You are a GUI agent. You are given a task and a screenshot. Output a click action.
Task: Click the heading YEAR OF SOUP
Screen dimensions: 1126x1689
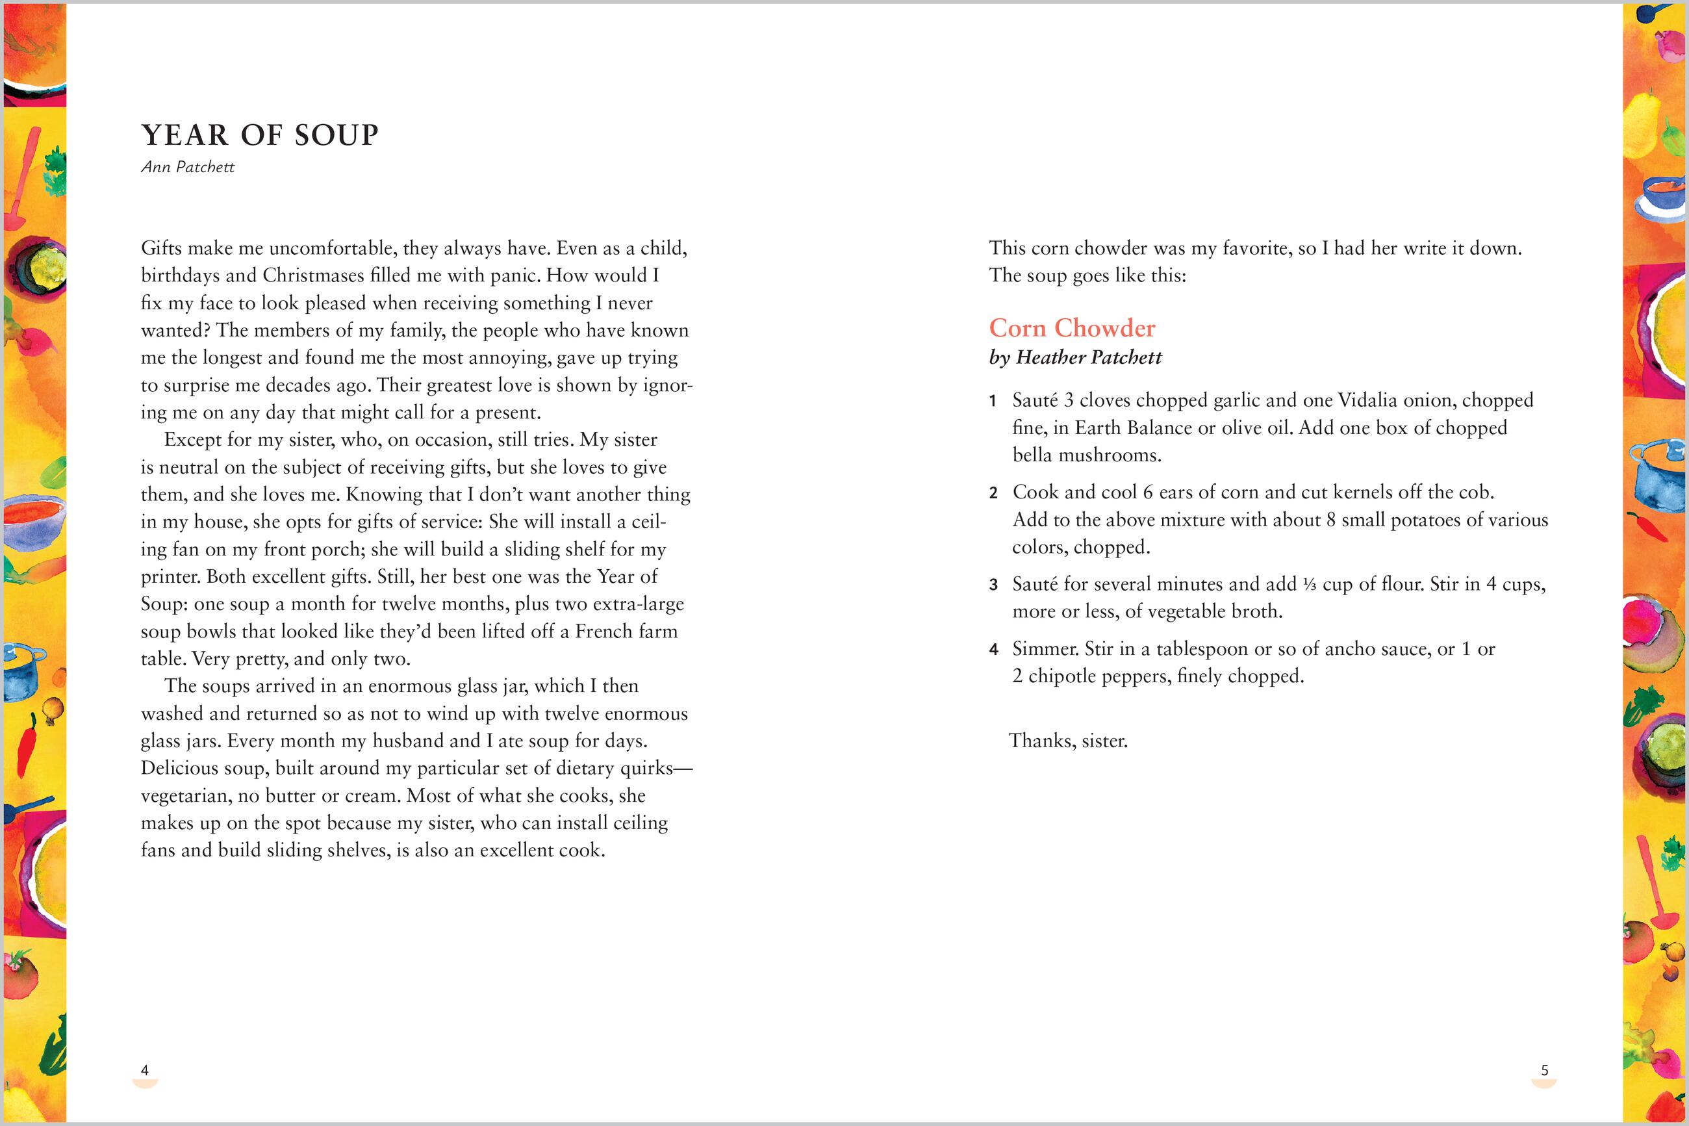(259, 135)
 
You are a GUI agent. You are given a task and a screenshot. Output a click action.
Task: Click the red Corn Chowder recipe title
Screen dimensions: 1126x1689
(1072, 328)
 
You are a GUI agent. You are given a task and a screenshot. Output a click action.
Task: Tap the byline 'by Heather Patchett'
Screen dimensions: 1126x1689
(1074, 357)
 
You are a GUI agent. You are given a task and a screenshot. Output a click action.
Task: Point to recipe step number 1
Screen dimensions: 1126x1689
(993, 402)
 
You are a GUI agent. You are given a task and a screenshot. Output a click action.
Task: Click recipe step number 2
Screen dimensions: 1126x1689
(993, 493)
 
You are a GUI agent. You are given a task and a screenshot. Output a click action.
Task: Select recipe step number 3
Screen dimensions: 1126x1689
(993, 585)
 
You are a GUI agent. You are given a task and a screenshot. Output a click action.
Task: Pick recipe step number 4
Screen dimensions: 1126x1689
(993, 650)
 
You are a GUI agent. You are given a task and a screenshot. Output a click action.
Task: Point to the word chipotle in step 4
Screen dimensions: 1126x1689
(1061, 676)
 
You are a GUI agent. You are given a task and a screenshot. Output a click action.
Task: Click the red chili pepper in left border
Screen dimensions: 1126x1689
(27, 739)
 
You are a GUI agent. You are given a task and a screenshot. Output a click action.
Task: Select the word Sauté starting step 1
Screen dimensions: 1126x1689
(1034, 400)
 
